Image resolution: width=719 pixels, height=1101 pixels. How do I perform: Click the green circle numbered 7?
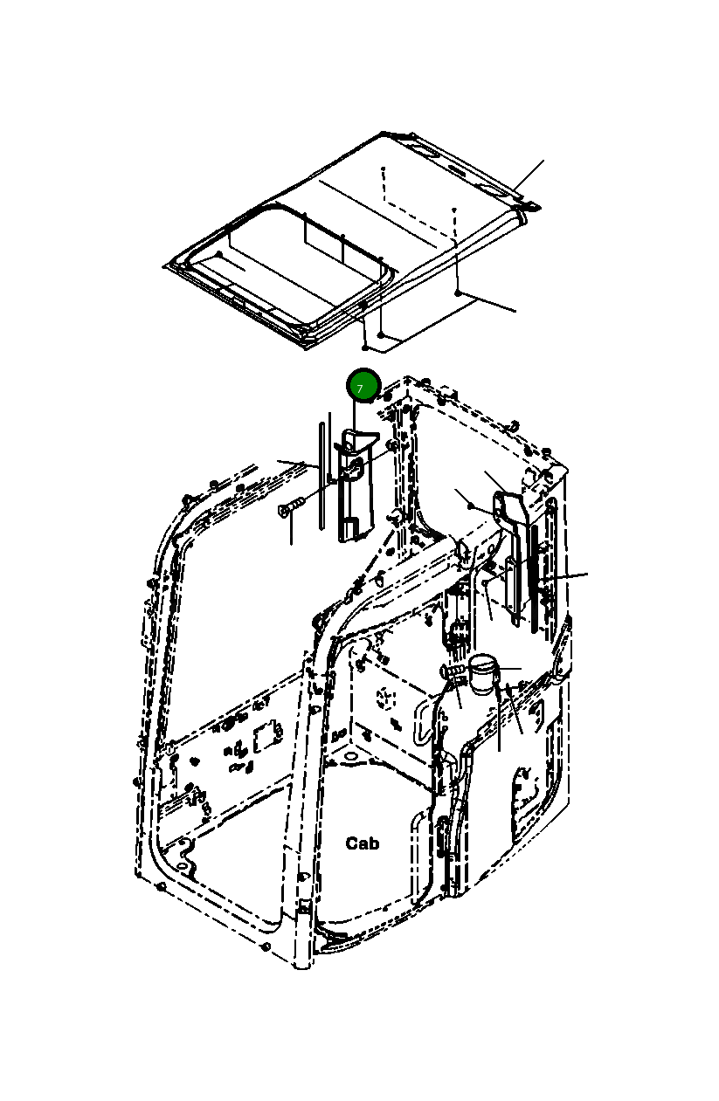(362, 386)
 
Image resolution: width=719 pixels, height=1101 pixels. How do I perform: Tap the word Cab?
(363, 843)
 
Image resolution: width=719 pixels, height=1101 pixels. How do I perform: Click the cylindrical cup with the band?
(482, 674)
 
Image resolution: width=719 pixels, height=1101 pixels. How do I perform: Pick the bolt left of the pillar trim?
(290, 507)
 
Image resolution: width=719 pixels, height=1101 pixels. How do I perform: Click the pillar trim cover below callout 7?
(354, 489)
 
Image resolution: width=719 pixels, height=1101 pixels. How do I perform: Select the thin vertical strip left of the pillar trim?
(321, 476)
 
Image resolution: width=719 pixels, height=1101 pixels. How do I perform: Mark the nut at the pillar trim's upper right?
(394, 446)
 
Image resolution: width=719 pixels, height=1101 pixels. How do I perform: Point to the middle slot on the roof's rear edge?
(454, 167)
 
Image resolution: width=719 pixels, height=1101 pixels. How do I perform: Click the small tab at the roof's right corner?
(531, 206)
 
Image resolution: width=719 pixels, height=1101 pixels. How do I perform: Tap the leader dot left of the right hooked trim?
(470, 506)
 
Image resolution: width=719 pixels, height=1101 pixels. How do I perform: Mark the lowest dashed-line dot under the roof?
(382, 334)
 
